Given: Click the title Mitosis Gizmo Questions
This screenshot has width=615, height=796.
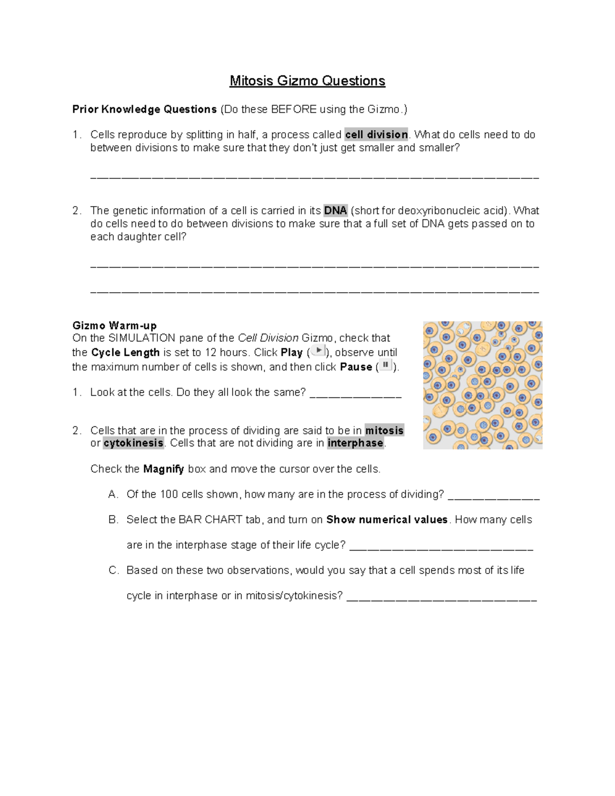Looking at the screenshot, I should tap(307, 81).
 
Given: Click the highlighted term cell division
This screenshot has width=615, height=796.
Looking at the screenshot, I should tap(376, 135).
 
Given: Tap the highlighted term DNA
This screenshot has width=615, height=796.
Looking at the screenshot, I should tap(336, 211).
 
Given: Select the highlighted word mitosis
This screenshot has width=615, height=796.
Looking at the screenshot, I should tap(384, 431).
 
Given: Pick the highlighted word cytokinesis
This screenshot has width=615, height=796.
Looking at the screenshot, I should tap(133, 443).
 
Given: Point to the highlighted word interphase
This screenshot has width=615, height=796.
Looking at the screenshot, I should tap(356, 443).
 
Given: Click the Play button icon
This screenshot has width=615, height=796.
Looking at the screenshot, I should tap(318, 351).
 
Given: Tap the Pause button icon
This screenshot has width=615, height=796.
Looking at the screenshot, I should tap(385, 365).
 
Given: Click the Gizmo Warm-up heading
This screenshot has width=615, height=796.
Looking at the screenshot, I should tap(114, 325).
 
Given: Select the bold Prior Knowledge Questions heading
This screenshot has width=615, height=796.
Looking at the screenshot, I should tap(145, 109).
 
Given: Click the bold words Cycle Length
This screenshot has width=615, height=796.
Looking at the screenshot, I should tap(126, 353).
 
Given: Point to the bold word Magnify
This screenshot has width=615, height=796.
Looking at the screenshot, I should tap(163, 469).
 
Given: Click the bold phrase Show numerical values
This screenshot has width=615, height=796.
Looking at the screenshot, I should tap(387, 520).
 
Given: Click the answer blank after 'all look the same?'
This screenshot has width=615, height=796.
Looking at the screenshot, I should tap(356, 395).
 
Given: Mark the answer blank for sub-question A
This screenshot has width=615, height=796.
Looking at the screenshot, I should tap(494, 497).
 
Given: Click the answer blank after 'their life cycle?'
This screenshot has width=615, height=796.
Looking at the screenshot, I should tap(441, 547).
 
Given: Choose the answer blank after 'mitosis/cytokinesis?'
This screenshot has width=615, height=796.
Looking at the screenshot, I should tap(442, 598).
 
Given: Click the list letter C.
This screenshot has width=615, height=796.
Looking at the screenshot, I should tap(113, 570).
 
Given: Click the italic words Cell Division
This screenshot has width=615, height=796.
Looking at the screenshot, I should tap(268, 338).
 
